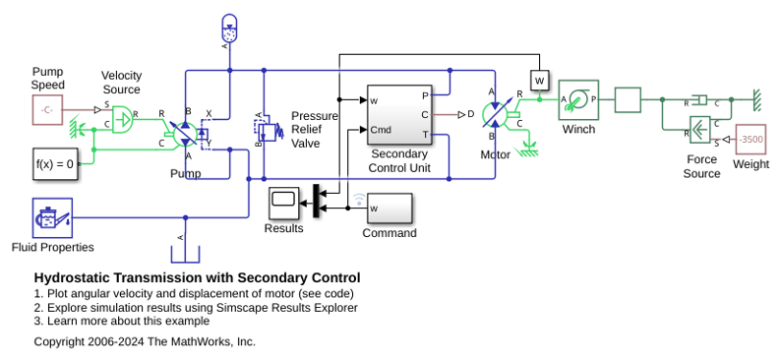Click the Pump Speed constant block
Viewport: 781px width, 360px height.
click(x=48, y=109)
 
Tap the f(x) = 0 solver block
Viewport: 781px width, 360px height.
click(x=55, y=163)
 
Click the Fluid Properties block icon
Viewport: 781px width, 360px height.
click(x=52, y=218)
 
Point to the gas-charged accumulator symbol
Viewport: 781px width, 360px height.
click(x=229, y=28)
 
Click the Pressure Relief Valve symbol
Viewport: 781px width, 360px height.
click(x=264, y=130)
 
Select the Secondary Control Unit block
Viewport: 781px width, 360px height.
click(x=399, y=115)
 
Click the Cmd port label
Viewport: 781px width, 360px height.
click(x=381, y=130)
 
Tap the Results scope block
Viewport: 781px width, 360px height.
click(x=284, y=204)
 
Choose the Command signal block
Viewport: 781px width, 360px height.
click(x=390, y=209)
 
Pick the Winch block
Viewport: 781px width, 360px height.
click(x=578, y=100)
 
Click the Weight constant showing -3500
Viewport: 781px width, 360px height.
click(x=751, y=140)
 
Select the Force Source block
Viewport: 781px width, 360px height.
click(x=699, y=130)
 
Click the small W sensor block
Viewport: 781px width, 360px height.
click(x=539, y=81)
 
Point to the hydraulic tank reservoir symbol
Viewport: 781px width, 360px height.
click(x=185, y=254)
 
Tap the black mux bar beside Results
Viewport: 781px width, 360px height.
click(x=316, y=201)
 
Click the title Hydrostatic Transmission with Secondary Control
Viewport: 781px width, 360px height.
click(x=198, y=277)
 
